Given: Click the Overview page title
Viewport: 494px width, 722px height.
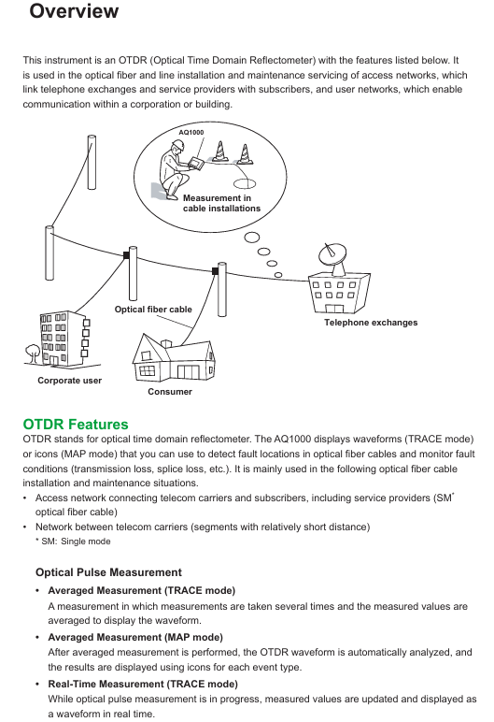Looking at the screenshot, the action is click(x=74, y=11).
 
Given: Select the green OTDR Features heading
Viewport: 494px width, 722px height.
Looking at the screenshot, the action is click(x=76, y=424).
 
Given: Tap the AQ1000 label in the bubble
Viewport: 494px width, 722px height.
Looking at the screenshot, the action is click(x=191, y=132).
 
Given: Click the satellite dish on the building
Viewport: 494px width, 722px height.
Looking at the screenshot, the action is click(x=332, y=255).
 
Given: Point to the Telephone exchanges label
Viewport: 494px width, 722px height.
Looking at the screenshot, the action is click(x=371, y=323).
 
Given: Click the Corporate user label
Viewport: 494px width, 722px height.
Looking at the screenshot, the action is click(x=69, y=381).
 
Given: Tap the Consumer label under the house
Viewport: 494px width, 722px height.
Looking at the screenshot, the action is click(x=170, y=391).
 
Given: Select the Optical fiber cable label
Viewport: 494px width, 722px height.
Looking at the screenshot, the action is click(x=153, y=310).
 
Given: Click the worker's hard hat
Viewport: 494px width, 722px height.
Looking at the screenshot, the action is click(x=177, y=145).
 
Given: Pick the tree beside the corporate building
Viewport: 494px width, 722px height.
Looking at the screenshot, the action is click(x=33, y=353).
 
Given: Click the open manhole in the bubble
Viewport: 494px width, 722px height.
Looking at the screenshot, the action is click(x=245, y=184).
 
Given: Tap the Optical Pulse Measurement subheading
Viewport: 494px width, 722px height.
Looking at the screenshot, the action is click(x=108, y=572).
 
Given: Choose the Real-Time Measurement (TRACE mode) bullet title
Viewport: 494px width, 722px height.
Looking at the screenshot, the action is click(x=143, y=684).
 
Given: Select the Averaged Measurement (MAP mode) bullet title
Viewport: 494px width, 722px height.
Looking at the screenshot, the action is click(x=135, y=637).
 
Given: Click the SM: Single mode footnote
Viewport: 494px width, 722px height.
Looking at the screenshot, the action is click(x=73, y=541).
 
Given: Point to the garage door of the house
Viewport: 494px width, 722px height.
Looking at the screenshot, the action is click(x=187, y=372).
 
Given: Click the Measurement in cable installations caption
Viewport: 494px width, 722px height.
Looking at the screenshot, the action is click(x=221, y=203).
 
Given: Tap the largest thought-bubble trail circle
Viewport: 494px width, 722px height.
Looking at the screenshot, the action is click(x=251, y=238).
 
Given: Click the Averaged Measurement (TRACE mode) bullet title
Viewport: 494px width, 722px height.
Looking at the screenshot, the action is click(x=142, y=590).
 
